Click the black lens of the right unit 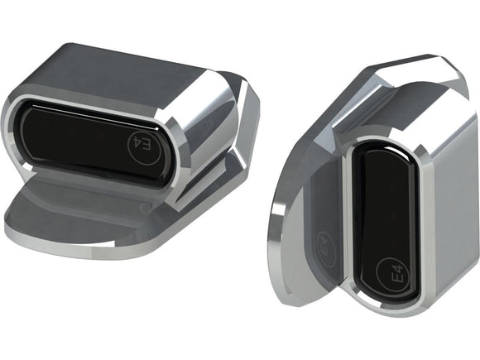386,215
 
